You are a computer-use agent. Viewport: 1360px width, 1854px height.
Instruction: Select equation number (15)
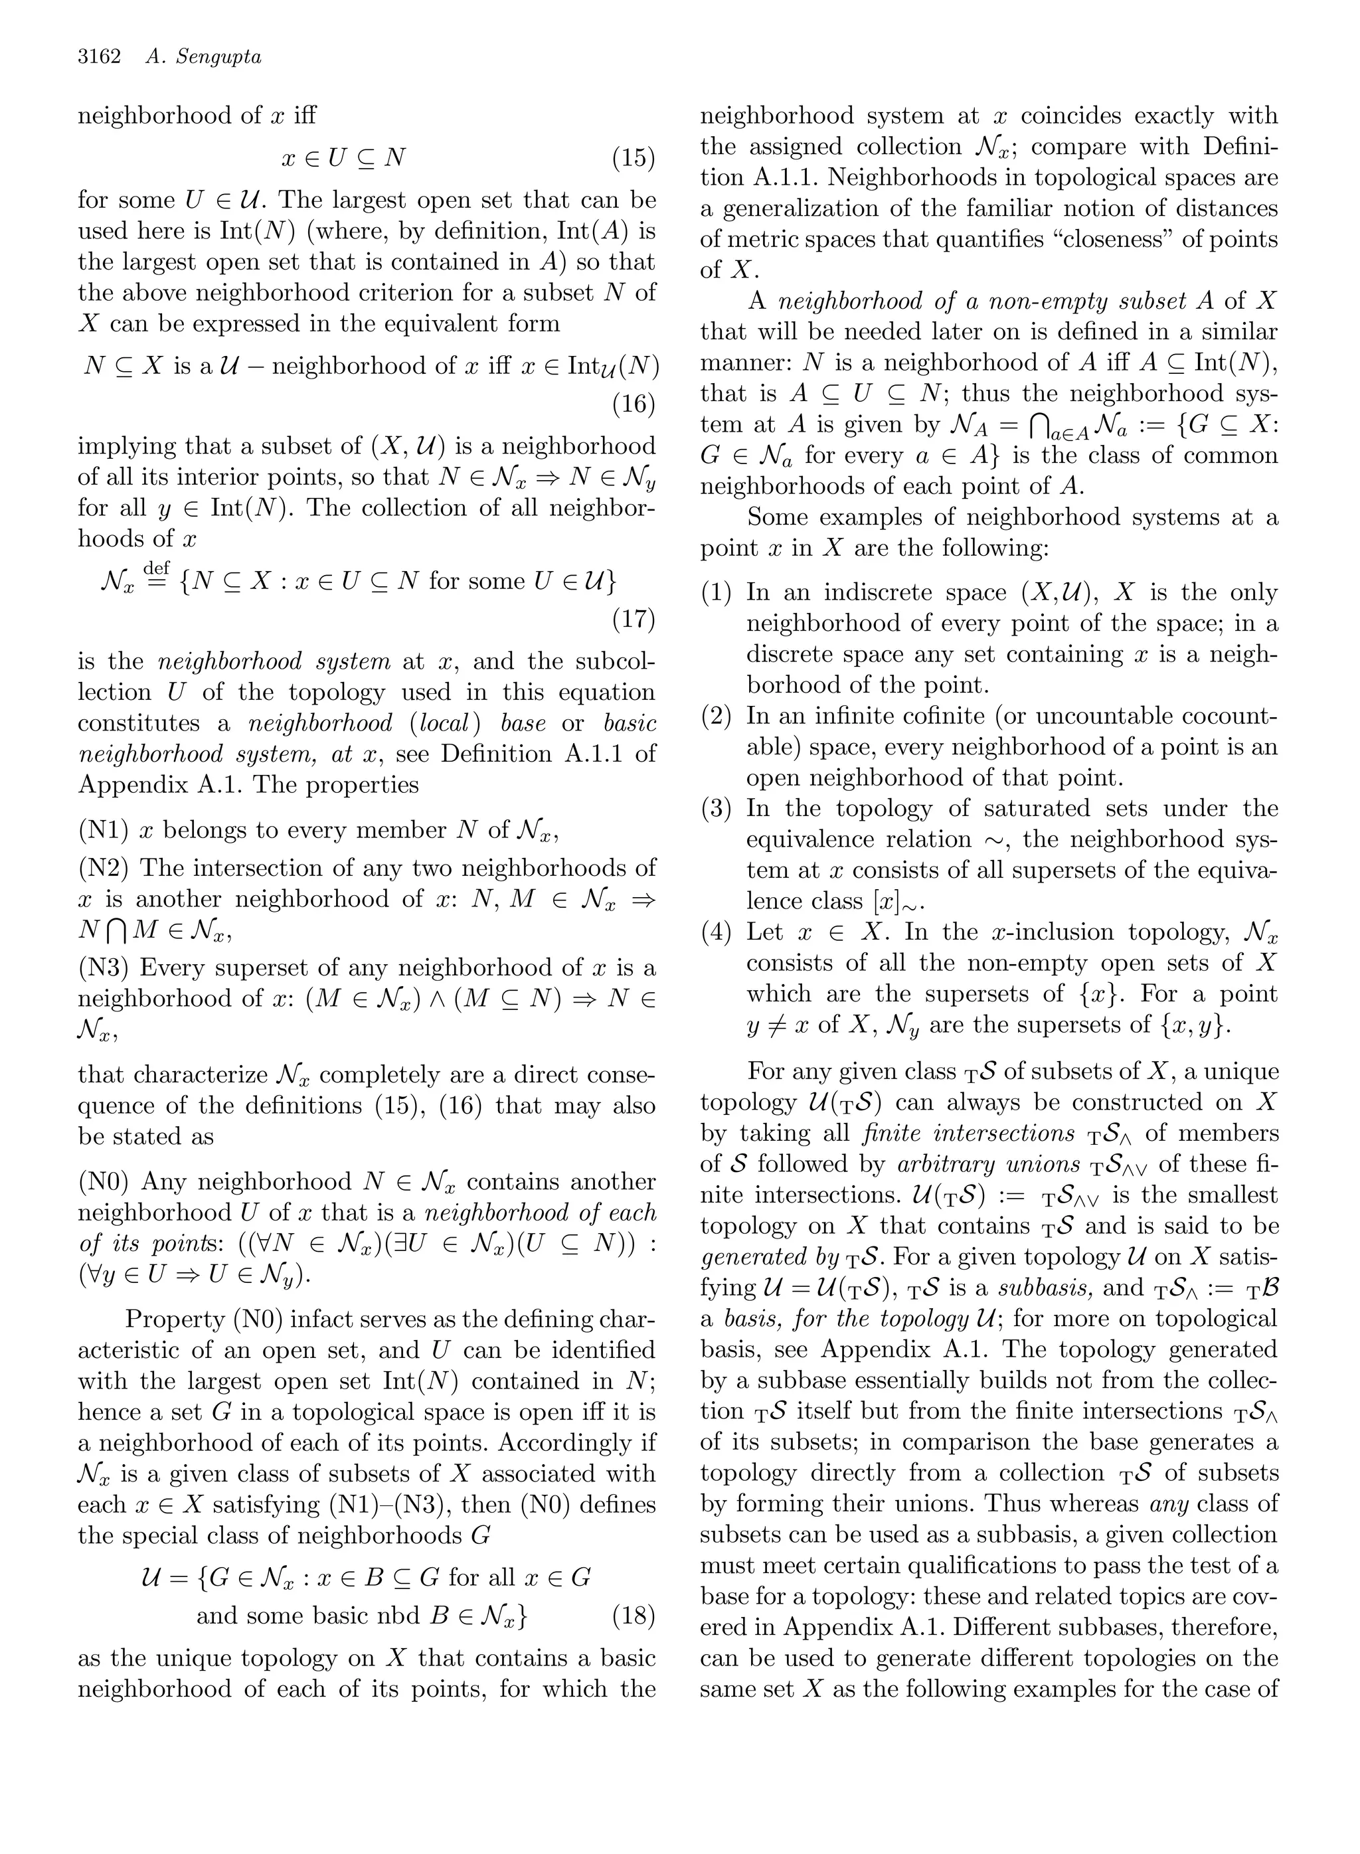point(634,157)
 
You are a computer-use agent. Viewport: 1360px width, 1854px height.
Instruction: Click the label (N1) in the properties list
point(104,830)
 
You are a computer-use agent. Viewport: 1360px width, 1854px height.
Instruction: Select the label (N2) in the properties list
point(104,868)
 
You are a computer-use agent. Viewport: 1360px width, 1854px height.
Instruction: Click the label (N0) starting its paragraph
point(104,1182)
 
